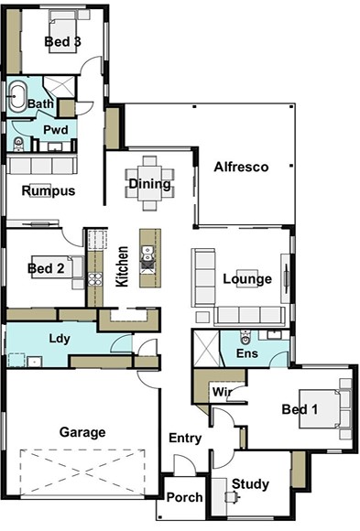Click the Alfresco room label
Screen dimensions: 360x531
(x=241, y=167)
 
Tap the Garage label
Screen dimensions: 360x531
(x=82, y=432)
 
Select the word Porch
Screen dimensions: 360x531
(x=184, y=497)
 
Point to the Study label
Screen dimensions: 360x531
(x=250, y=484)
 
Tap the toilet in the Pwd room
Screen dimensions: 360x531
(x=18, y=144)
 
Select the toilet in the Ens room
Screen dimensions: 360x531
(x=245, y=337)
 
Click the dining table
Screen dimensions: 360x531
(x=149, y=183)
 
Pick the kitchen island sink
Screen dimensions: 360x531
(x=147, y=254)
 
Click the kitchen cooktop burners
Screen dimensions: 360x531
(x=95, y=279)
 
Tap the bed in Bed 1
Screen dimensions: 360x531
(x=320, y=408)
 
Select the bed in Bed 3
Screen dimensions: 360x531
(x=63, y=35)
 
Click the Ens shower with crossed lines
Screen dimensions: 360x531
(x=206, y=348)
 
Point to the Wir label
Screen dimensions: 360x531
(x=222, y=392)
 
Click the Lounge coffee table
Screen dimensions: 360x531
(x=247, y=278)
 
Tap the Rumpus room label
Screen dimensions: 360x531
(x=49, y=191)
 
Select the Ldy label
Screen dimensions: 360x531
(x=60, y=339)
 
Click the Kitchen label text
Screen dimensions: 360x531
(x=122, y=266)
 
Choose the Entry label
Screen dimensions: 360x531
(x=185, y=439)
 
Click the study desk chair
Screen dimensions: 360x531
(x=233, y=497)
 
